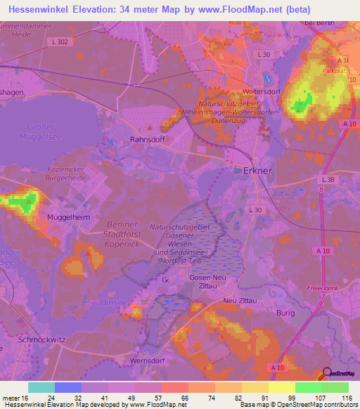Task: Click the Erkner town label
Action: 257,171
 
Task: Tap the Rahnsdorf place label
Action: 146,140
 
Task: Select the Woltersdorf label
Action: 262,91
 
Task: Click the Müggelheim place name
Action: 67,218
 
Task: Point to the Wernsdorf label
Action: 146,361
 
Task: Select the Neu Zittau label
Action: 236,301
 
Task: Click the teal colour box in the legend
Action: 41,387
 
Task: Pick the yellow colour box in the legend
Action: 282,387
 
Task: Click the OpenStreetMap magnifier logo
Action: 326,376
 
